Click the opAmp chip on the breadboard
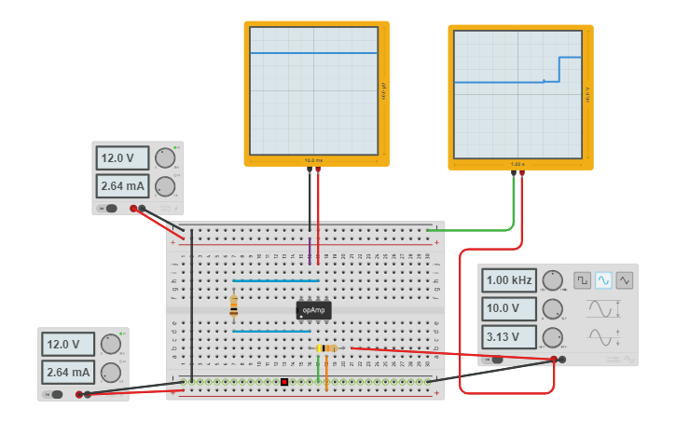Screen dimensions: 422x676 point(314,310)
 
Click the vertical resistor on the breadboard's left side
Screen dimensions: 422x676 point(233,306)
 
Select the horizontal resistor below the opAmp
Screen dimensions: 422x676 point(326,348)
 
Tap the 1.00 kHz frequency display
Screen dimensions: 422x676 point(509,279)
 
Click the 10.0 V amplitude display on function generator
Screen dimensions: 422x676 point(509,308)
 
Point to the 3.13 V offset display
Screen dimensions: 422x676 point(509,336)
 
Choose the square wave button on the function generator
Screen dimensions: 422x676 point(582,279)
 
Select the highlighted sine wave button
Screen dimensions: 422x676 point(603,279)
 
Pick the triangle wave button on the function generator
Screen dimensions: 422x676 point(625,279)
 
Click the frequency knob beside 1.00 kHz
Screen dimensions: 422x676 point(553,279)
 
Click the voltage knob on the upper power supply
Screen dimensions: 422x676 point(165,157)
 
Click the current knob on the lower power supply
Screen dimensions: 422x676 point(111,373)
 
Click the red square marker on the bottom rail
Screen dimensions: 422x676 point(284,382)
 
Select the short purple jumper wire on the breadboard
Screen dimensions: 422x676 point(310,249)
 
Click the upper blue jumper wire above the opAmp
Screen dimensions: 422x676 point(276,280)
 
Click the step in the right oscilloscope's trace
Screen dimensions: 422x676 point(559,70)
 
